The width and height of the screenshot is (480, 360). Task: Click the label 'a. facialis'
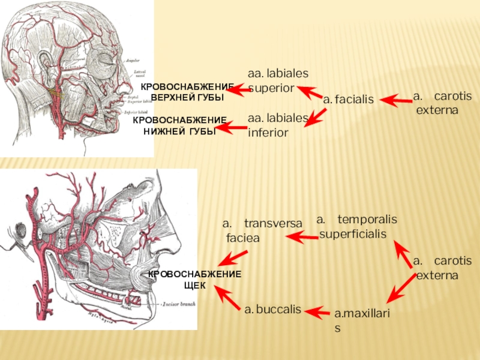point(348,100)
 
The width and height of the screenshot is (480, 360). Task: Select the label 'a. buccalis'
point(272,310)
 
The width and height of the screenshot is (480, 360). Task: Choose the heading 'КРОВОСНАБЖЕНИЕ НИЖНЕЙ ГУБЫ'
point(179,126)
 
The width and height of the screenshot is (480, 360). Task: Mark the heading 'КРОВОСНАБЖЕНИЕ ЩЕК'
point(195,280)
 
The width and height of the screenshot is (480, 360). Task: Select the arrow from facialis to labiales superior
point(310,92)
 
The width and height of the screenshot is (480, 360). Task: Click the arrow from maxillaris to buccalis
point(317,311)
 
